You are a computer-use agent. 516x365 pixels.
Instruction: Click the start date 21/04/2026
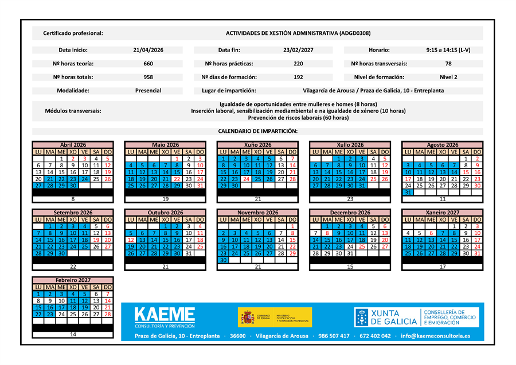[x=148, y=50]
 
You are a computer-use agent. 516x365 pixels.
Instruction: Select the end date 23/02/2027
[x=298, y=50]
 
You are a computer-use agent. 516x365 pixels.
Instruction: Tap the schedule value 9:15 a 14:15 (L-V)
[x=448, y=50]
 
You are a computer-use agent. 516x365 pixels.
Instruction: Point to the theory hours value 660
[x=148, y=64]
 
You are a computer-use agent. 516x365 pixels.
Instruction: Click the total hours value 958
[x=148, y=77]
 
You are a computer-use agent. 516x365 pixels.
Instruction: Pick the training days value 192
[x=298, y=77]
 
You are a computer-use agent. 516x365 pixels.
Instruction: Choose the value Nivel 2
[x=448, y=77]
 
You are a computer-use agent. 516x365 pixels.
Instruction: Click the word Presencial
[x=148, y=91]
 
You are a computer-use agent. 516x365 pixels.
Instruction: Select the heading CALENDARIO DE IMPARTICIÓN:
[x=257, y=131]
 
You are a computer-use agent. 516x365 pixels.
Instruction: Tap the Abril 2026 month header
[x=73, y=145]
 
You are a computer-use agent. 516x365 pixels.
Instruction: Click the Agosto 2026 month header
[x=443, y=145]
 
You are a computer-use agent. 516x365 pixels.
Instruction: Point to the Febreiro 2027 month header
[x=73, y=280]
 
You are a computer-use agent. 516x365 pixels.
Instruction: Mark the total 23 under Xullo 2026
[x=350, y=199]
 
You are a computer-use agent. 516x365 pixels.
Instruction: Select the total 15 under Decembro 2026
[x=350, y=266]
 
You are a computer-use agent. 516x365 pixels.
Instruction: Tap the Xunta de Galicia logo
[x=386, y=317]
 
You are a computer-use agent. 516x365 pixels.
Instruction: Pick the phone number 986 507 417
[x=333, y=336]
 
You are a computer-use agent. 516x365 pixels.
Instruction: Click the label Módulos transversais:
[x=73, y=111]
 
